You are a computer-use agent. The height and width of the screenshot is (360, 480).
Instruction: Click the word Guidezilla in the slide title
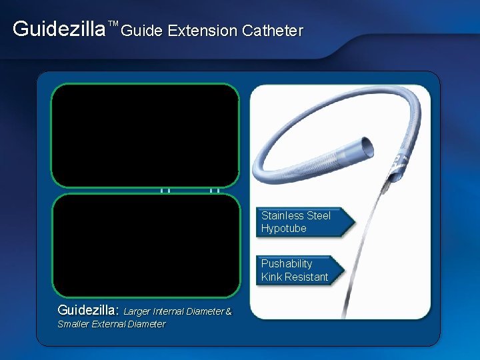59,29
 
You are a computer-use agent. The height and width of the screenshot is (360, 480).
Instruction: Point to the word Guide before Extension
143,31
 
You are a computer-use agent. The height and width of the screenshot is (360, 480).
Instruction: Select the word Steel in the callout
318,215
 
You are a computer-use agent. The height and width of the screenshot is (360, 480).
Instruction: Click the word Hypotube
284,229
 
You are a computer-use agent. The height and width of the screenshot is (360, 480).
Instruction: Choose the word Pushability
287,263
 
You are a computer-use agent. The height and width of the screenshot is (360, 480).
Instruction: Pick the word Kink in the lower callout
272,277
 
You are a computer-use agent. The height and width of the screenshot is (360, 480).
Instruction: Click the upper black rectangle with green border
145,135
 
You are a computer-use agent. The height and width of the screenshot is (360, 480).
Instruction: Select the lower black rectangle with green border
145,245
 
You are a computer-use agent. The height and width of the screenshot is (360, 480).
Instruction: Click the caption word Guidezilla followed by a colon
89,310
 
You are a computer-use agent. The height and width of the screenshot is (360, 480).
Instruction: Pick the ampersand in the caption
229,311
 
